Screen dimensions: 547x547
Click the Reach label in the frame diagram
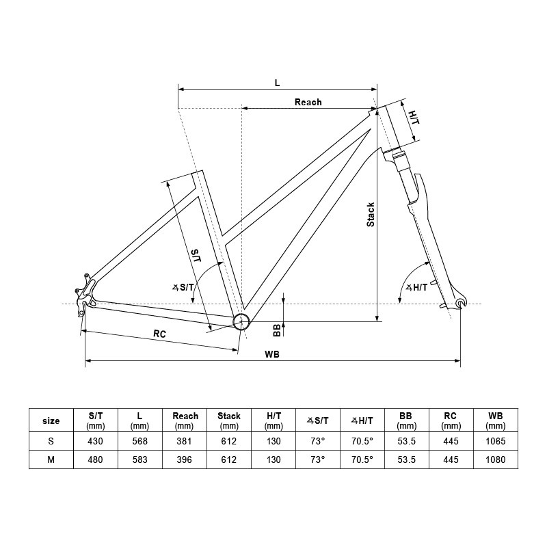[308, 102]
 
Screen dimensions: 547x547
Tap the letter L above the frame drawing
[277, 83]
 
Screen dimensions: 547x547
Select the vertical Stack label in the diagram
[371, 215]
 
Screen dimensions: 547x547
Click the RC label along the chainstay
[159, 334]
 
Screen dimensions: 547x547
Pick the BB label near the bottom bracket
[277, 330]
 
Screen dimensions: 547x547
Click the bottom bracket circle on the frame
[241, 322]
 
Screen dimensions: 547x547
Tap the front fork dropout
[460, 303]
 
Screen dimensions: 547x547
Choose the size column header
[51, 421]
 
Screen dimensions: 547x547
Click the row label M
[51, 459]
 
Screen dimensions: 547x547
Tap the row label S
[51, 441]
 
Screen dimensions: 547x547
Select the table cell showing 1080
[496, 459]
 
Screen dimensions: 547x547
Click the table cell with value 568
[139, 441]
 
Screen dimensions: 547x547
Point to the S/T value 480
[96, 459]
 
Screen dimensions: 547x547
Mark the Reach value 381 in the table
[185, 441]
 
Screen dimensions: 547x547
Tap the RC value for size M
[451, 459]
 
